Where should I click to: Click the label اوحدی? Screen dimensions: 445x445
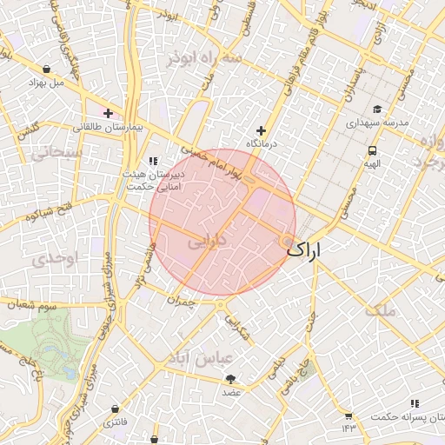coord(55,258)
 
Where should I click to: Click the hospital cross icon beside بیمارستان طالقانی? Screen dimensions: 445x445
coord(108,113)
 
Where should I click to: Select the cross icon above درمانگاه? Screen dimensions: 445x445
coord(261,130)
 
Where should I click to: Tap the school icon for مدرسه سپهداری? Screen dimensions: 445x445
coord(377,109)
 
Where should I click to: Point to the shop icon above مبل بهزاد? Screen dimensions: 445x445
coord(46,69)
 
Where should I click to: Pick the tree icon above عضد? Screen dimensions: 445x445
coord(230,378)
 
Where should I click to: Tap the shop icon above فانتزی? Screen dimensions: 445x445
coord(116,408)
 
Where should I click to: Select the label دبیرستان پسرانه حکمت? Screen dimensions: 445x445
coord(409,416)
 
